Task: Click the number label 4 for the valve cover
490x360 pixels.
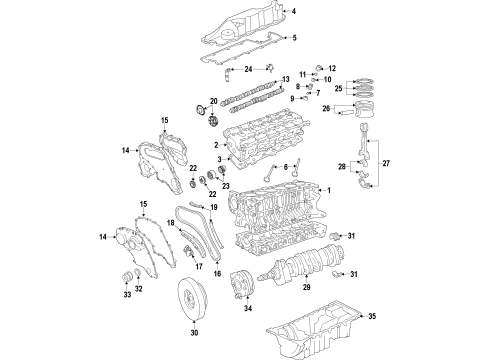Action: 294,11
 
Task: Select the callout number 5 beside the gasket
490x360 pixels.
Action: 294,38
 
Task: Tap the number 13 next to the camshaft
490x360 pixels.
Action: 285,79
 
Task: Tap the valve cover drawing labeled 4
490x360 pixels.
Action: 240,25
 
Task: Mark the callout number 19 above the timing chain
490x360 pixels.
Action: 212,207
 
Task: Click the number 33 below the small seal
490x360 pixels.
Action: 127,296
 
